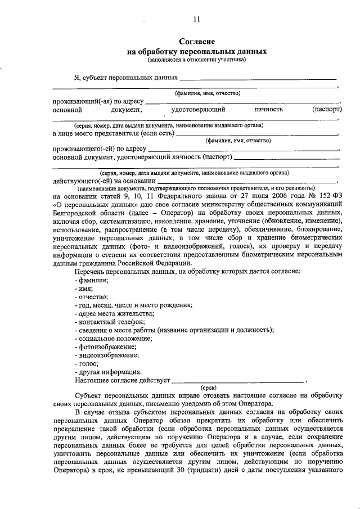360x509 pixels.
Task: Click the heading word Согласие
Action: (x=196, y=42)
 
